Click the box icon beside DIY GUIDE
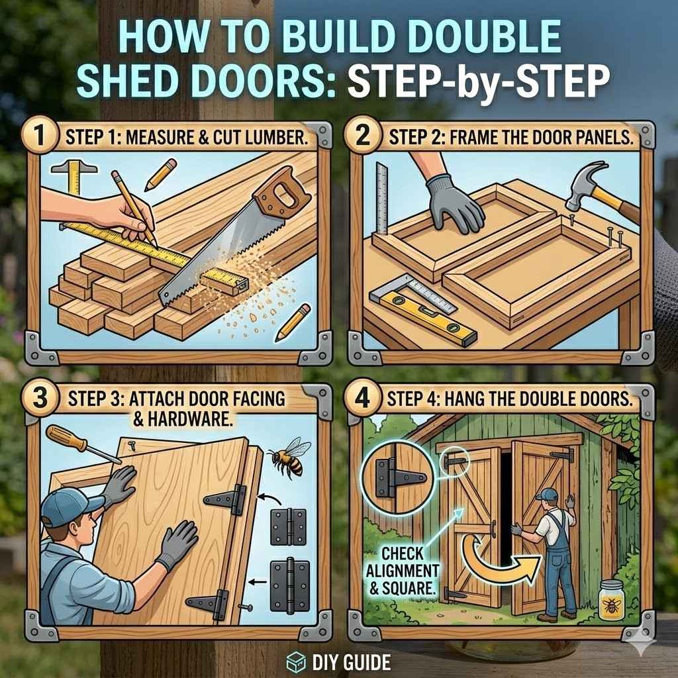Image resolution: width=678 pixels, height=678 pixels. click(x=295, y=661)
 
